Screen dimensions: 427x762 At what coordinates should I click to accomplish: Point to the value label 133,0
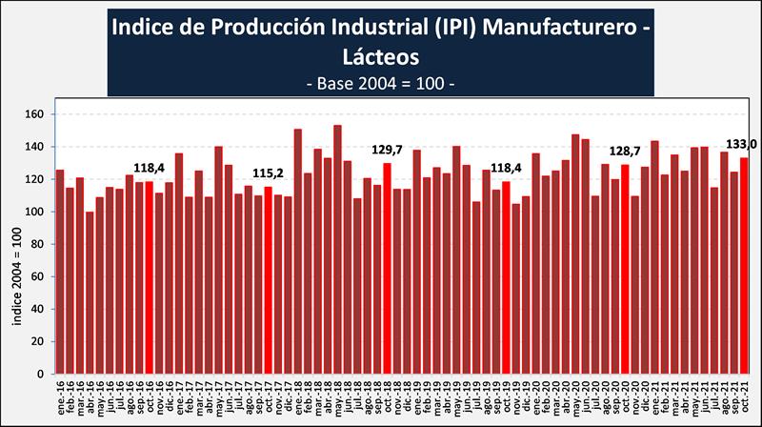click(x=742, y=144)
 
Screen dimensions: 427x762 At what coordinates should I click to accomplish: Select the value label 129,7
click(x=387, y=150)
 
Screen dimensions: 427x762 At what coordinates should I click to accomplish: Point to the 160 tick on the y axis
click(x=34, y=114)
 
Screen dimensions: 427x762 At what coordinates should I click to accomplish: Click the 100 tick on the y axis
click(x=34, y=212)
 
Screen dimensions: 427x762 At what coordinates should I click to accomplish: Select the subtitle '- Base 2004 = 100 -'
click(x=381, y=83)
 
